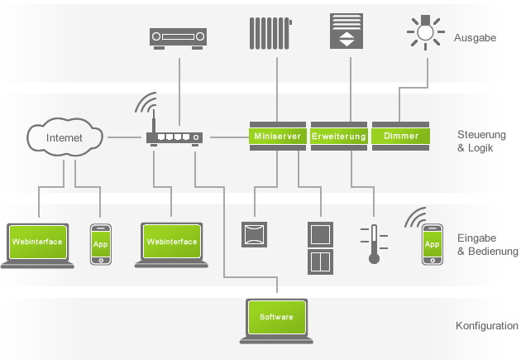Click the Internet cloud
pos(65,137)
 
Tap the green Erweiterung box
pos(339,135)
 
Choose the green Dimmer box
pos(401,135)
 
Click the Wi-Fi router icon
pos(174,135)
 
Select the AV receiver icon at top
pos(177,37)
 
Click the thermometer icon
pos(373,243)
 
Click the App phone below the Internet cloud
pos(101,244)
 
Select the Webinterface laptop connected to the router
pos(172,244)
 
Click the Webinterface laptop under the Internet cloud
pos(38,244)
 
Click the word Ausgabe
pos(475,37)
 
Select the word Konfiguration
pos(487,326)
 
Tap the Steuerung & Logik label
pos(481,141)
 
